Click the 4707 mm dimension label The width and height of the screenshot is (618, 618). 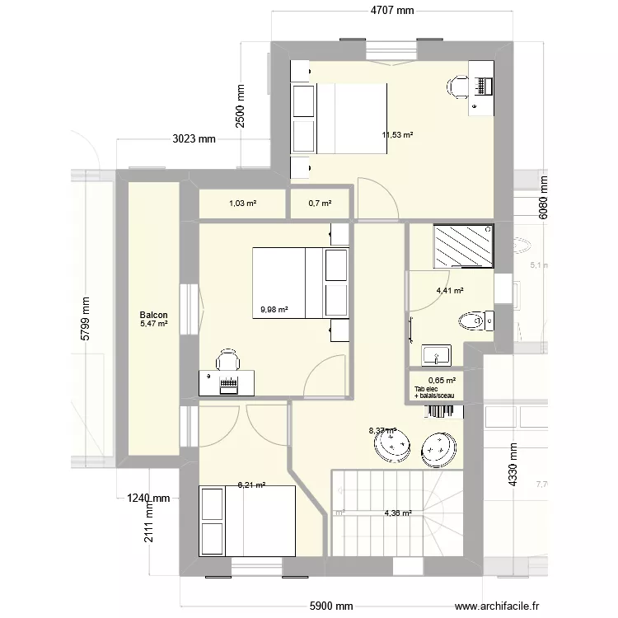391,11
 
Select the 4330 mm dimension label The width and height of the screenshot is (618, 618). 513,466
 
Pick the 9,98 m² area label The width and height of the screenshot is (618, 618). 274,310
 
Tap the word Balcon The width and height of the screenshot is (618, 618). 154,316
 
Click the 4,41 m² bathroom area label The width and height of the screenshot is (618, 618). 450,291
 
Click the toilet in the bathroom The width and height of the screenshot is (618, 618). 474,320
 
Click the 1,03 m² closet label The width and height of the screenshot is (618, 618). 242,204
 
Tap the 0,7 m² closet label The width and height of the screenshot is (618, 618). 320,204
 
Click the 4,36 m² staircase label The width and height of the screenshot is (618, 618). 398,514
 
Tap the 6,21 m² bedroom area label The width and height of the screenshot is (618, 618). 251,485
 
